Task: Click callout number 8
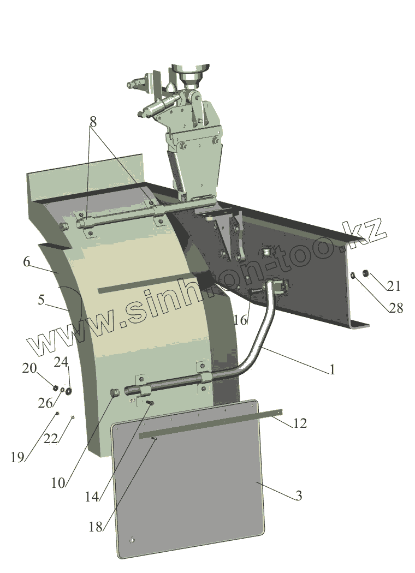click(x=93, y=122)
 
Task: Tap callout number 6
click(x=26, y=261)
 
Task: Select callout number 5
click(x=41, y=300)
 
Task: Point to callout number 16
click(x=241, y=320)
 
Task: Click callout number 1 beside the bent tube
click(x=332, y=370)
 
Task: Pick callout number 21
click(x=394, y=286)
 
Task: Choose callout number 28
click(x=396, y=308)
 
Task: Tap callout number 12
click(x=300, y=423)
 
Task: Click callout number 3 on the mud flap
click(x=299, y=496)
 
